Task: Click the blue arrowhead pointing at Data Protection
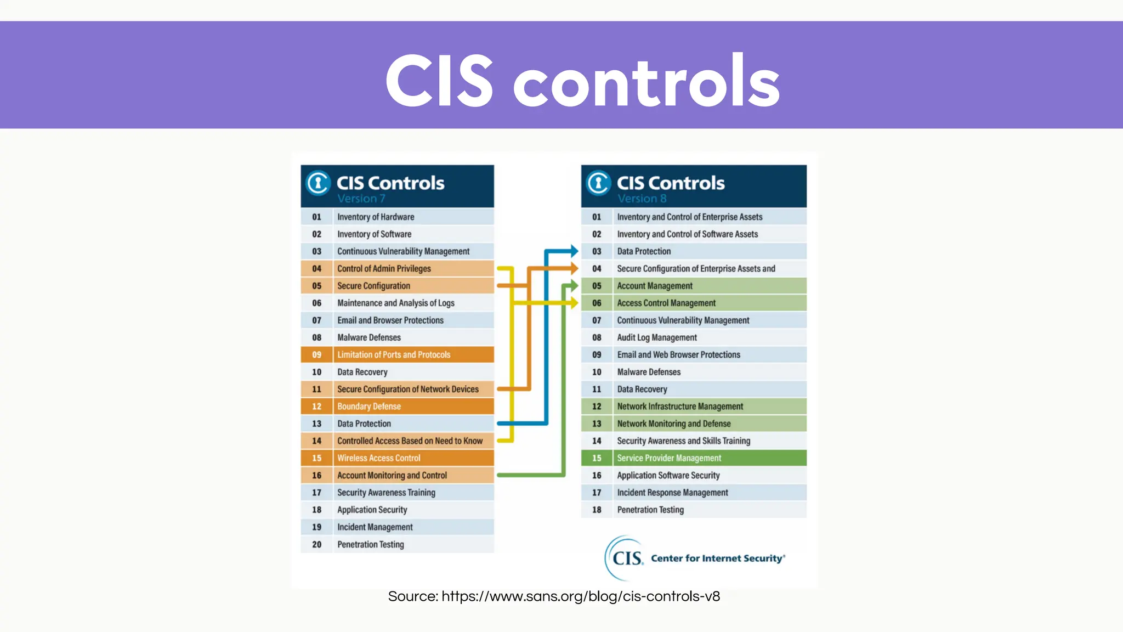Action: (x=574, y=251)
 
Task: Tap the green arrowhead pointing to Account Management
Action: (x=574, y=285)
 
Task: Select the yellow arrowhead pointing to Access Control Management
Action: (x=574, y=303)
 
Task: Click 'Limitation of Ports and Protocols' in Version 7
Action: (x=394, y=355)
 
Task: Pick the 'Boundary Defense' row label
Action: (x=369, y=407)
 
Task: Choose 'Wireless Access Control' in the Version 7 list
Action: (x=379, y=458)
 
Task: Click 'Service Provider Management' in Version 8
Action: (x=669, y=458)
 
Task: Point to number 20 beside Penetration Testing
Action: (x=317, y=545)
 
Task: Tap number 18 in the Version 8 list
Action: (x=597, y=510)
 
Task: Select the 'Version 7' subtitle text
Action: (x=361, y=199)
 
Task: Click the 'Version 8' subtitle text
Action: (x=642, y=199)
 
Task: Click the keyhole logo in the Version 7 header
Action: (x=319, y=183)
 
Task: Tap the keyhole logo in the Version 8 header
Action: (x=599, y=183)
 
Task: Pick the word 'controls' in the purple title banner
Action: (x=646, y=82)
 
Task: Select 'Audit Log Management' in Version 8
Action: (x=657, y=338)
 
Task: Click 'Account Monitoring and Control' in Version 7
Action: (x=392, y=476)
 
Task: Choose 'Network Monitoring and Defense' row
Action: (x=674, y=424)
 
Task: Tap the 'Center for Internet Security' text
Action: (x=718, y=558)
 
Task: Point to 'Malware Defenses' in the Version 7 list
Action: (x=369, y=338)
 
